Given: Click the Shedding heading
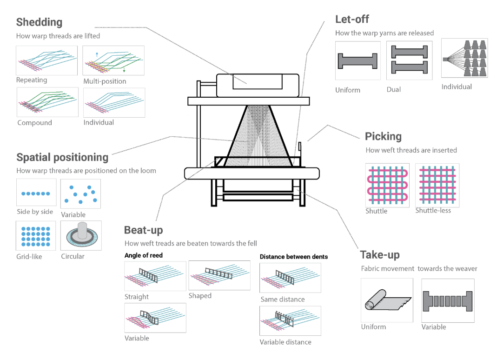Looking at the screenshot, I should click(x=39, y=22).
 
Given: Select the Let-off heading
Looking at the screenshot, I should click(x=352, y=19).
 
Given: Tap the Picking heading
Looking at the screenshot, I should click(x=383, y=136).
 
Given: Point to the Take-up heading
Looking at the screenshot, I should click(x=380, y=255).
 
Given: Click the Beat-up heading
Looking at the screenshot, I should click(x=143, y=230).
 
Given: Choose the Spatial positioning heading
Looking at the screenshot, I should click(x=62, y=157).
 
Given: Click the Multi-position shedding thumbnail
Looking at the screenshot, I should click(x=113, y=60).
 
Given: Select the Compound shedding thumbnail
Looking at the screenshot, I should click(x=47, y=102).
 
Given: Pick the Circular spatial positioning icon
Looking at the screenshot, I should click(x=81, y=236).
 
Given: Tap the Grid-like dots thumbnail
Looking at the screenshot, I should click(x=36, y=236).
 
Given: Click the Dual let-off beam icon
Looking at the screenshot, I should click(x=409, y=60).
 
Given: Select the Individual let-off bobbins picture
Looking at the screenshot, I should click(x=464, y=58).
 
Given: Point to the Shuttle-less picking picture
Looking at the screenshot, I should click(x=437, y=185).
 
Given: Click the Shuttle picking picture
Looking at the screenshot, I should click(x=387, y=185).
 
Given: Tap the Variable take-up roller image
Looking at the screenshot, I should click(x=448, y=300).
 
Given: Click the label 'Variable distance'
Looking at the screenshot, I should click(x=285, y=342).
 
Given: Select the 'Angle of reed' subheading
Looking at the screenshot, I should click(x=144, y=255).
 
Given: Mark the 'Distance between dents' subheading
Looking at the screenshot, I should click(x=293, y=257).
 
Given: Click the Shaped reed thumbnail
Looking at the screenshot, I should click(x=219, y=275).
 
